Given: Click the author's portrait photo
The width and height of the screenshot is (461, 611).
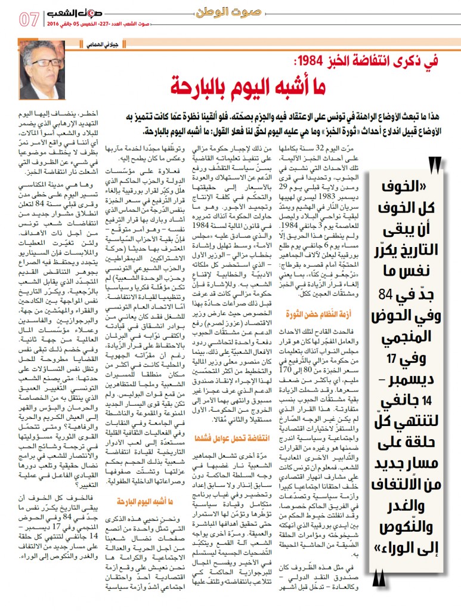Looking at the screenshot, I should [41, 70].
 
